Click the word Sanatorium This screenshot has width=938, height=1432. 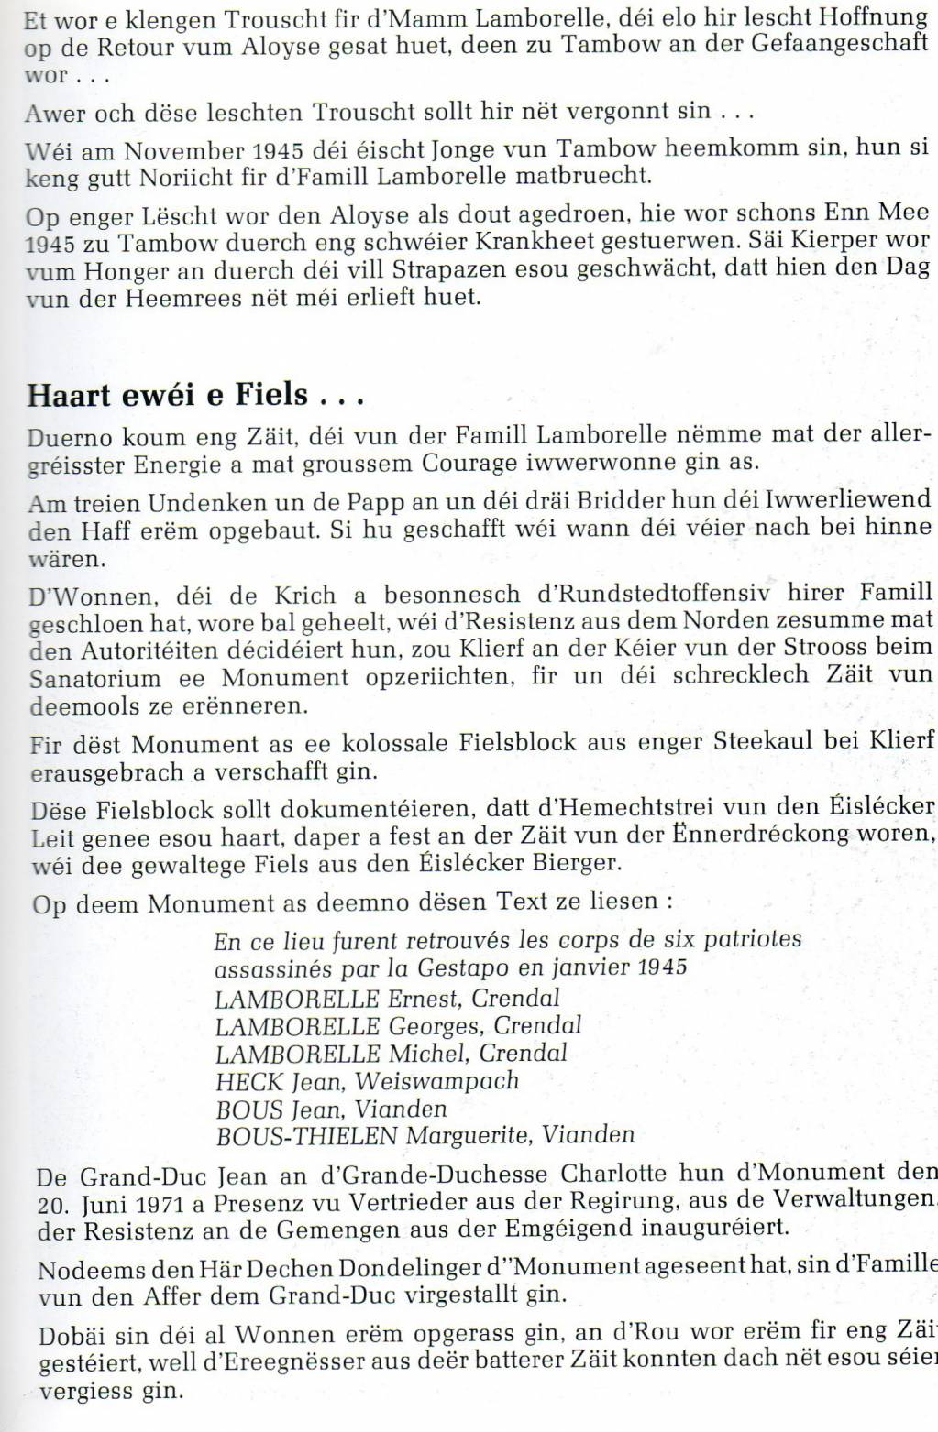click(x=95, y=679)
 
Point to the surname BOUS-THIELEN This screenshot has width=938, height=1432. click(x=306, y=1136)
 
